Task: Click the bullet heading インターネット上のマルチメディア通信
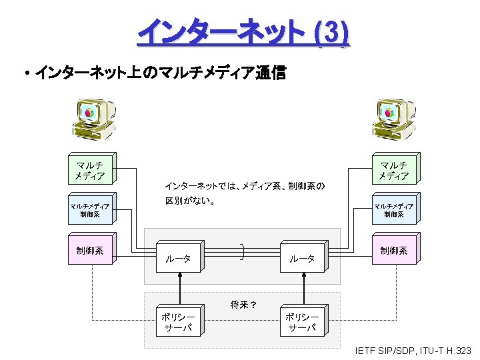pyautogui.click(x=159, y=73)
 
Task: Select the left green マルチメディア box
pyautogui.click(x=90, y=171)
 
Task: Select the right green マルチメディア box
pyautogui.click(x=393, y=171)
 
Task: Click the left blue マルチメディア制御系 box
pyautogui.click(x=90, y=210)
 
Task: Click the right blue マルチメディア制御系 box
pyautogui.click(x=393, y=210)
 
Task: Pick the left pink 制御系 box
pyautogui.click(x=90, y=251)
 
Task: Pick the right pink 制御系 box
pyautogui.click(x=393, y=251)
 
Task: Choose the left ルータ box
pyautogui.click(x=178, y=258)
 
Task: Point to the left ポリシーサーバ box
pyautogui.click(x=178, y=322)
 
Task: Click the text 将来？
pyautogui.click(x=244, y=305)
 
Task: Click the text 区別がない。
pyautogui.click(x=190, y=201)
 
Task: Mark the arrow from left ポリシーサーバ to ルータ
pyautogui.click(x=179, y=290)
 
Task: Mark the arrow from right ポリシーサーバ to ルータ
pyautogui.click(x=303, y=290)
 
